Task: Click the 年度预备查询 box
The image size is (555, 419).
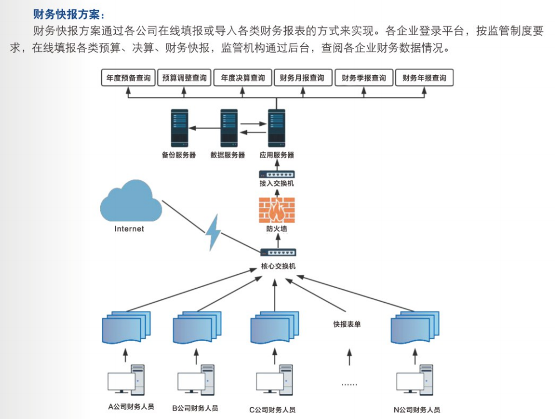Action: coord(128,77)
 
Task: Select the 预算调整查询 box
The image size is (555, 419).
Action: coord(184,77)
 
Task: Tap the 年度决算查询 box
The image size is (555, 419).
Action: coord(242,77)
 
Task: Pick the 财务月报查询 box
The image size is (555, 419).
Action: coord(303,77)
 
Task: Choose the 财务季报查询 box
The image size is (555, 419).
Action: coord(364,77)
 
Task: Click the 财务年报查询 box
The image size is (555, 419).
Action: coord(424,77)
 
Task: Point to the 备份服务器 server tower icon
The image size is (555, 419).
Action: coord(180,128)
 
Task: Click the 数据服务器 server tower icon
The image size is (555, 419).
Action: coord(229,128)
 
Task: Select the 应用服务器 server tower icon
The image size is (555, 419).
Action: coord(276,128)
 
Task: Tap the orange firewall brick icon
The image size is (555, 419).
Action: coord(277,210)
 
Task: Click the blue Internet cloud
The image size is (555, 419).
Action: coord(131,201)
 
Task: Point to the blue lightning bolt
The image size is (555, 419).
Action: coord(214,233)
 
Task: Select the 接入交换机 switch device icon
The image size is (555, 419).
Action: coord(277,174)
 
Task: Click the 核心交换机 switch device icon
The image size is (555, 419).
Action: coord(278,252)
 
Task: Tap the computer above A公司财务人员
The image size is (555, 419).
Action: coord(126,380)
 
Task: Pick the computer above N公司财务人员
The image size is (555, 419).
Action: coord(415,380)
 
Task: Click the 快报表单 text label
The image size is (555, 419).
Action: coord(347,324)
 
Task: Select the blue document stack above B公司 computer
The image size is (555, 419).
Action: coord(197,327)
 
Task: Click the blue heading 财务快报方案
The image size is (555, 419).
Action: coord(68,14)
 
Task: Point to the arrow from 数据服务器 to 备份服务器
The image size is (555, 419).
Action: coord(205,128)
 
